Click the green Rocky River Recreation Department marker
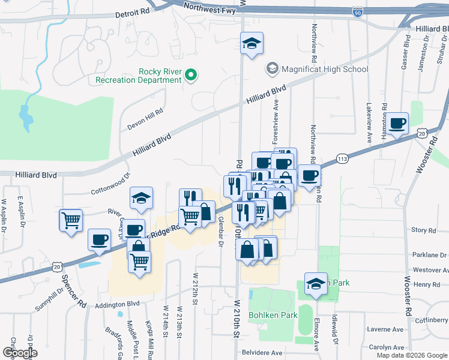coord(191,75)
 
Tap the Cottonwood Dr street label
coord(110,185)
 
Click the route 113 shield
coord(342,158)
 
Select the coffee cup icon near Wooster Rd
coord(397,124)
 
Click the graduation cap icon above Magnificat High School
coord(252,43)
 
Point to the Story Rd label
coord(423,230)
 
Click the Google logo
coord(20,352)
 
